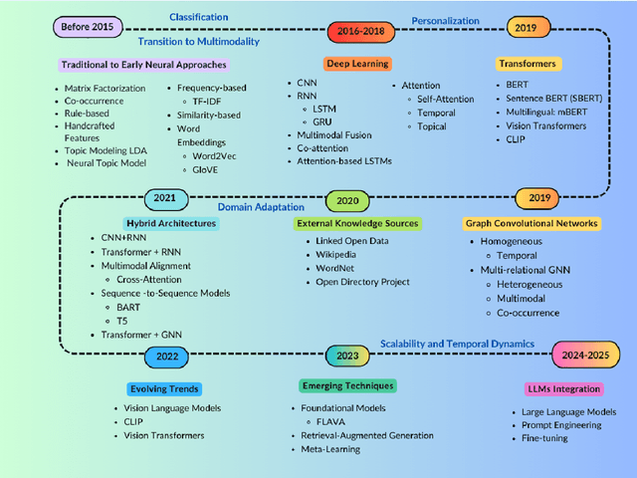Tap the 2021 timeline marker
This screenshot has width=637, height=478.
[164, 198]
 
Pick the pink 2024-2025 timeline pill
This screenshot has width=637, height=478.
[586, 354]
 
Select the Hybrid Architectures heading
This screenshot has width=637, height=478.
[171, 223]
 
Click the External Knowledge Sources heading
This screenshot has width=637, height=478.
[356, 223]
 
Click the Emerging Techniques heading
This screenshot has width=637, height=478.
[347, 385]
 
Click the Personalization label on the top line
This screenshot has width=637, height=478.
[445, 20]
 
